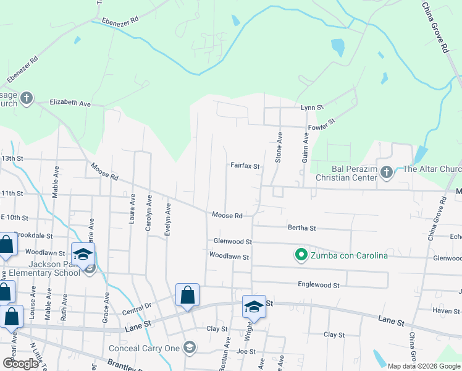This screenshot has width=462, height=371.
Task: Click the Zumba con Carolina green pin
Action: coord(301,255)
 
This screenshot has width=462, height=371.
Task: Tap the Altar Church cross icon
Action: coord(387,173)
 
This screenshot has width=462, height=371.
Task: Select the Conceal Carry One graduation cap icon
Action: coord(190,348)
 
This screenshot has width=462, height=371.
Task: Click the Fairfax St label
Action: coord(245,166)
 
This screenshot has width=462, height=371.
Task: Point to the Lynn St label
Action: coord(312,108)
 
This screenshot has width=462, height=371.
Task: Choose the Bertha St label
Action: coord(302,228)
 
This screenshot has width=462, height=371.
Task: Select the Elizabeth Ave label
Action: coord(70,103)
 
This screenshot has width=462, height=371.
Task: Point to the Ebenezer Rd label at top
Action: coord(117,20)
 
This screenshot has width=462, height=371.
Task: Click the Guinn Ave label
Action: coord(305,148)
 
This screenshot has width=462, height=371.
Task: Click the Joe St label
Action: coord(246,351)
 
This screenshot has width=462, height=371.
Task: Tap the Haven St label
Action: coord(446,311)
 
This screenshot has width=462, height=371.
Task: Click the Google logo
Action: coord(21,364)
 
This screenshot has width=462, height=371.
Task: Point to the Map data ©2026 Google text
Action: coord(423,366)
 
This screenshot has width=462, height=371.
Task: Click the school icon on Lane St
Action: coord(254,307)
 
